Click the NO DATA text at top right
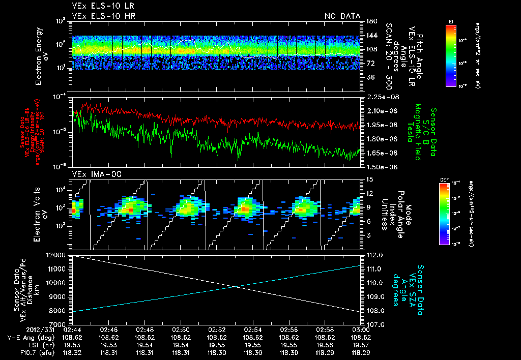tap(342, 16)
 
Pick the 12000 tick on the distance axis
tap(57, 255)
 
